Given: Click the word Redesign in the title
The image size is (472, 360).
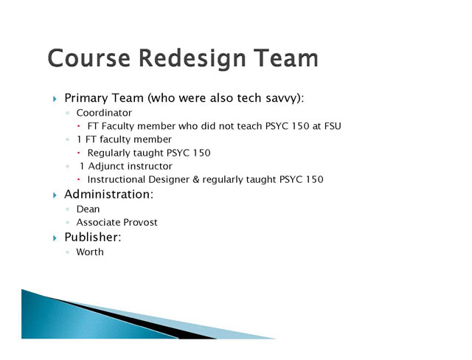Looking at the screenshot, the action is coord(192,58).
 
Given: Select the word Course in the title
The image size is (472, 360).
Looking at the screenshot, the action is coord(89,58).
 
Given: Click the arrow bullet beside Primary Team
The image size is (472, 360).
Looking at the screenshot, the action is coord(55,99).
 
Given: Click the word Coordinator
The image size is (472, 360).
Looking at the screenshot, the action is coord(104,113).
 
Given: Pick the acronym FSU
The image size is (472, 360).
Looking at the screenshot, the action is coord(333,126).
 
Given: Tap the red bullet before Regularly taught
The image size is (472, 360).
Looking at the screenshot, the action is coord(79,153).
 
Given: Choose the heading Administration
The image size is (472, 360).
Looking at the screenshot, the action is coord(109,195).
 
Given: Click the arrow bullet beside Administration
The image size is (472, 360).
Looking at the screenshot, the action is coord(55,195).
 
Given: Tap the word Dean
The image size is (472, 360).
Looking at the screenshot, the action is coord(88,210).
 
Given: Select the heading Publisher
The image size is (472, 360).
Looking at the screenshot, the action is coord(93,238).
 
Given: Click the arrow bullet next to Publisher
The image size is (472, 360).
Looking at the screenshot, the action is coord(55,238).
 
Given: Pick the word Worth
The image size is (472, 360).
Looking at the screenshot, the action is coord(90,252).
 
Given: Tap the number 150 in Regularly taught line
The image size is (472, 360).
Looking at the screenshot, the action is coord(201,153).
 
